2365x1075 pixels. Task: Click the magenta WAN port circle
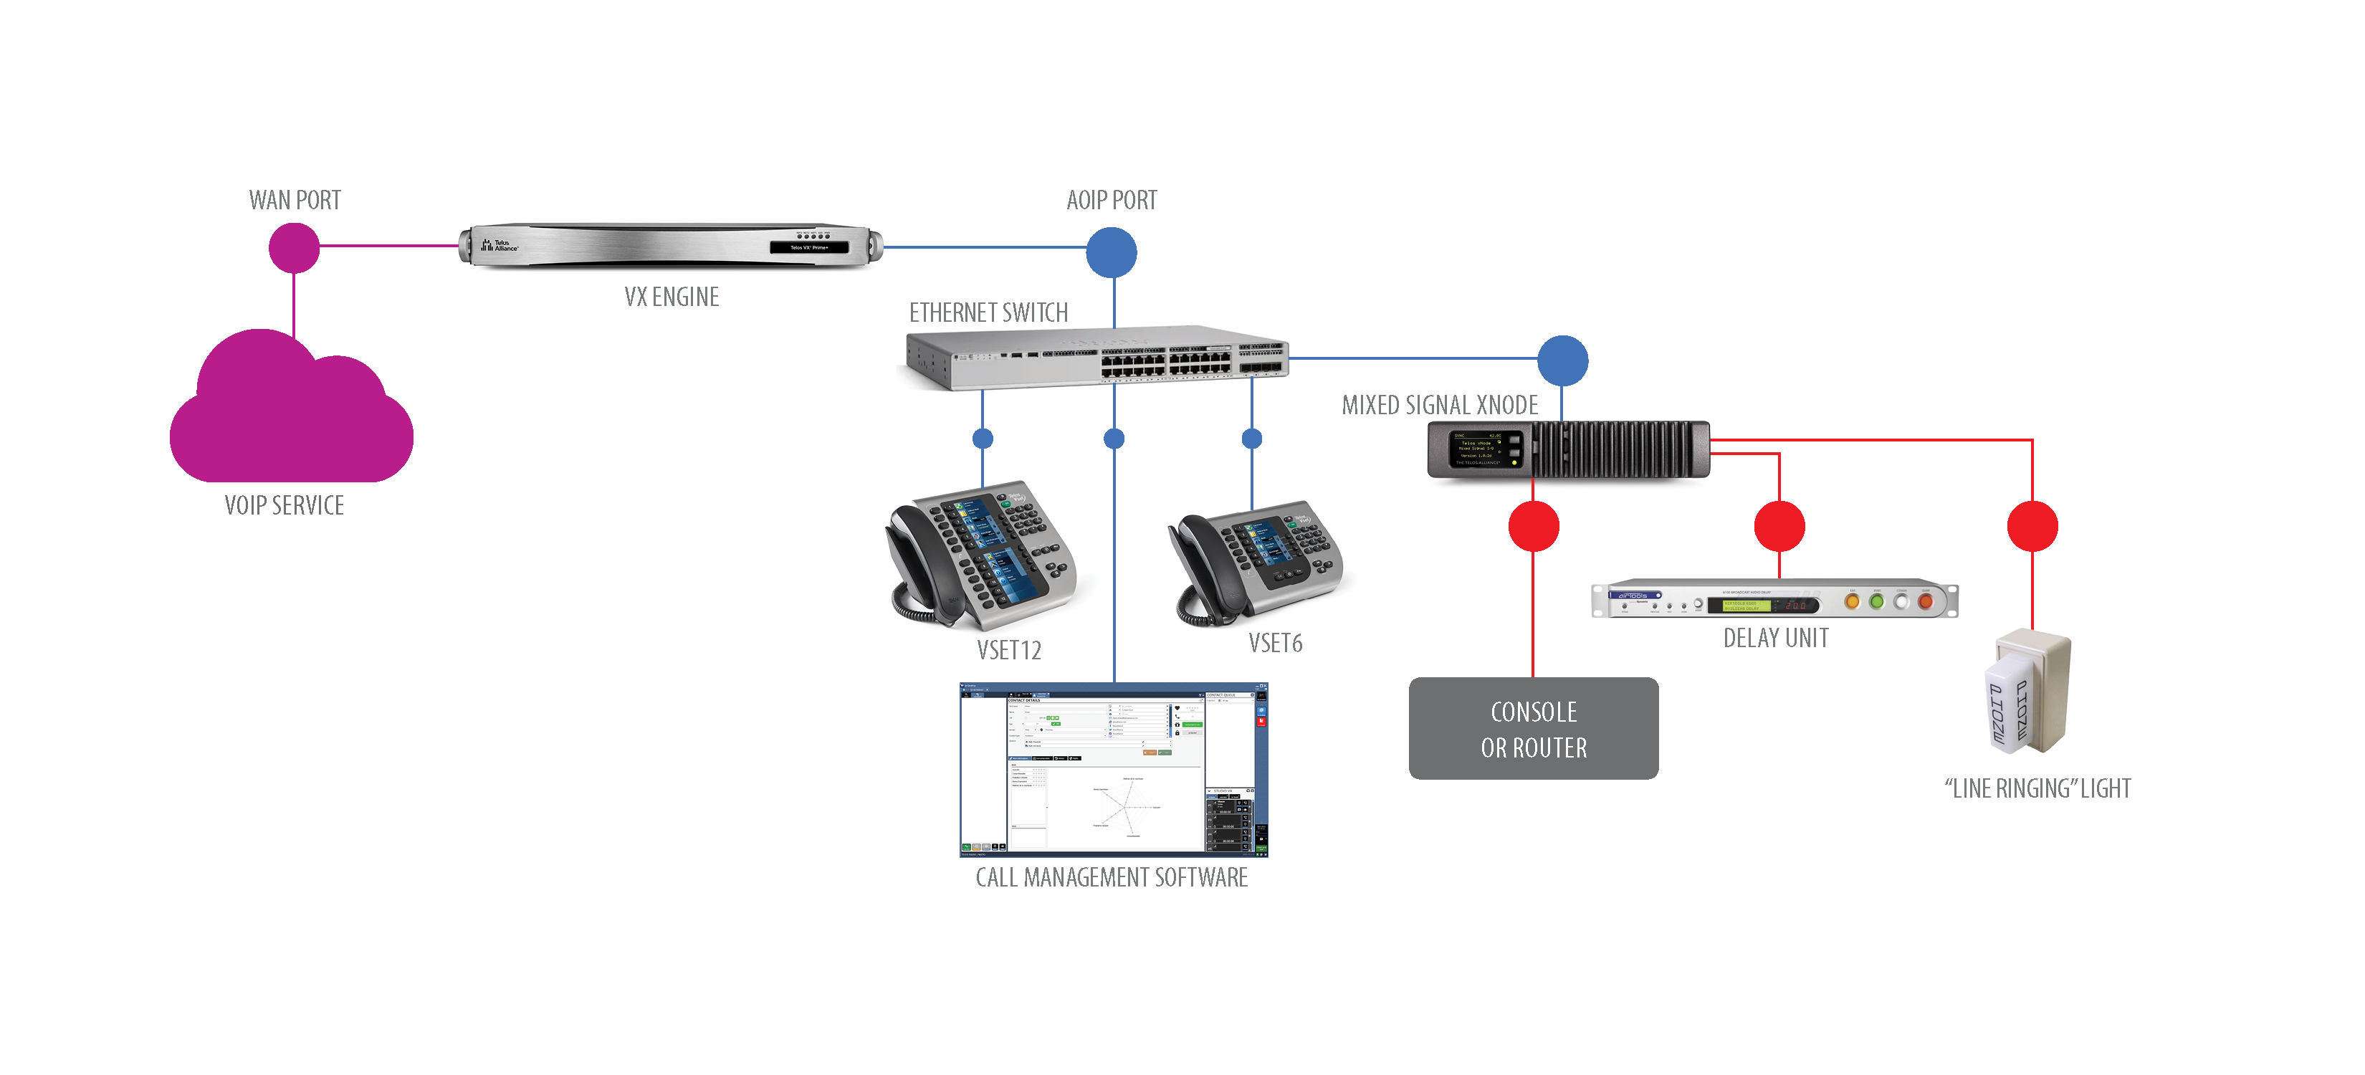pos(294,247)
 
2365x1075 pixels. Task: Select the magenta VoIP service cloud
pos(291,413)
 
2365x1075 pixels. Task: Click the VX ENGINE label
pos(671,297)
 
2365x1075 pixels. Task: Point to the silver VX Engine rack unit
pos(670,245)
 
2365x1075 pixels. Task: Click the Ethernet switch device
pos(1096,358)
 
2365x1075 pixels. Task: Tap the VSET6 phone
pos(1258,562)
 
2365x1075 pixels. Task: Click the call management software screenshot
pos(1113,769)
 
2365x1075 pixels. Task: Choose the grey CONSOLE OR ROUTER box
pos(1533,729)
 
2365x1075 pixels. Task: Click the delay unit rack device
pos(1774,601)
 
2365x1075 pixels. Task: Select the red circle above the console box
pos(1533,526)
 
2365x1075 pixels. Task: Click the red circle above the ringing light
pos(2032,526)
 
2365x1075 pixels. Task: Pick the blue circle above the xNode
pos(1562,360)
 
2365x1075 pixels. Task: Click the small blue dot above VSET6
pos(1251,439)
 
